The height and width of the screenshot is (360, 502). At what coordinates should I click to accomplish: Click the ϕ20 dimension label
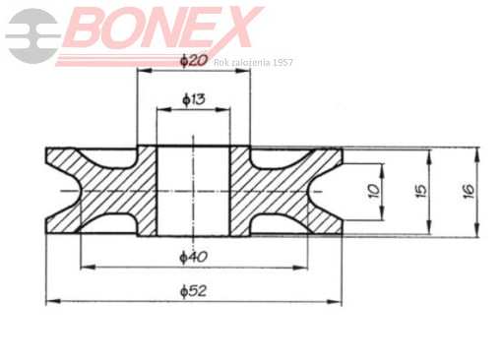click(194, 61)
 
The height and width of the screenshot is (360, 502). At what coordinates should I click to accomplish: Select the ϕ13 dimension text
click(194, 99)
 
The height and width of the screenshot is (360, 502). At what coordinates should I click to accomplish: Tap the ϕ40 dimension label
click(194, 257)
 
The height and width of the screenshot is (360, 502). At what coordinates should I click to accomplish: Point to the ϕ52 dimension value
click(194, 291)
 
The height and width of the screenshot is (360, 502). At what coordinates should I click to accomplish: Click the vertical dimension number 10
click(374, 191)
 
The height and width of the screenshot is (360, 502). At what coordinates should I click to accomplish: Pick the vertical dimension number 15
click(421, 190)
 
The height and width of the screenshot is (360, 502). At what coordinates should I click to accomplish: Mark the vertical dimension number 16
click(469, 190)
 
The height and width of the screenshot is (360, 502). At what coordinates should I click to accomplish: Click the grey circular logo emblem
click(33, 35)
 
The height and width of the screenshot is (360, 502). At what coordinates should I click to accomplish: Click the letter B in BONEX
click(88, 28)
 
